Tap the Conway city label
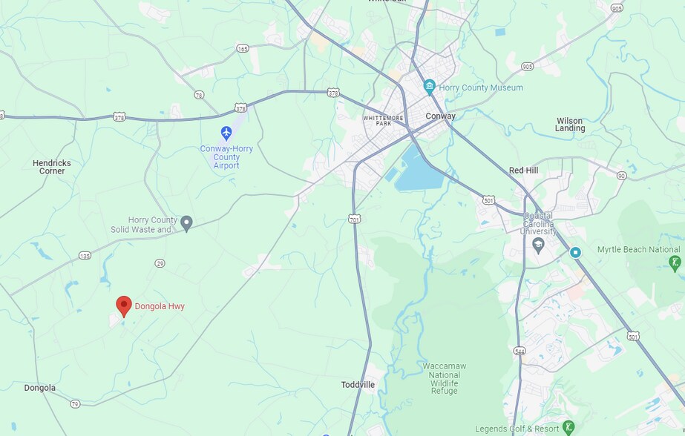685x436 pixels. click(440, 116)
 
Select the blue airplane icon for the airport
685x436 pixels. click(226, 133)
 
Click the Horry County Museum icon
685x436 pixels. click(429, 87)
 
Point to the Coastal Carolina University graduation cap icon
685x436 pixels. click(539, 242)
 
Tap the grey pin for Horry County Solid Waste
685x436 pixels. click(187, 222)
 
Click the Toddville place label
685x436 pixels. click(358, 384)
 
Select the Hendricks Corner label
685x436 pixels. click(52, 167)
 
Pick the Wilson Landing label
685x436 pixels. click(570, 124)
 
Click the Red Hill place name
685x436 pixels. click(523, 171)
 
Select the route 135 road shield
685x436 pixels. click(85, 256)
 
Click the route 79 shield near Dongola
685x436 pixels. click(75, 403)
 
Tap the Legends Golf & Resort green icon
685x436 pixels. click(568, 427)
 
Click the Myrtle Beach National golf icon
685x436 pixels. click(674, 262)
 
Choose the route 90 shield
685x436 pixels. click(620, 175)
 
